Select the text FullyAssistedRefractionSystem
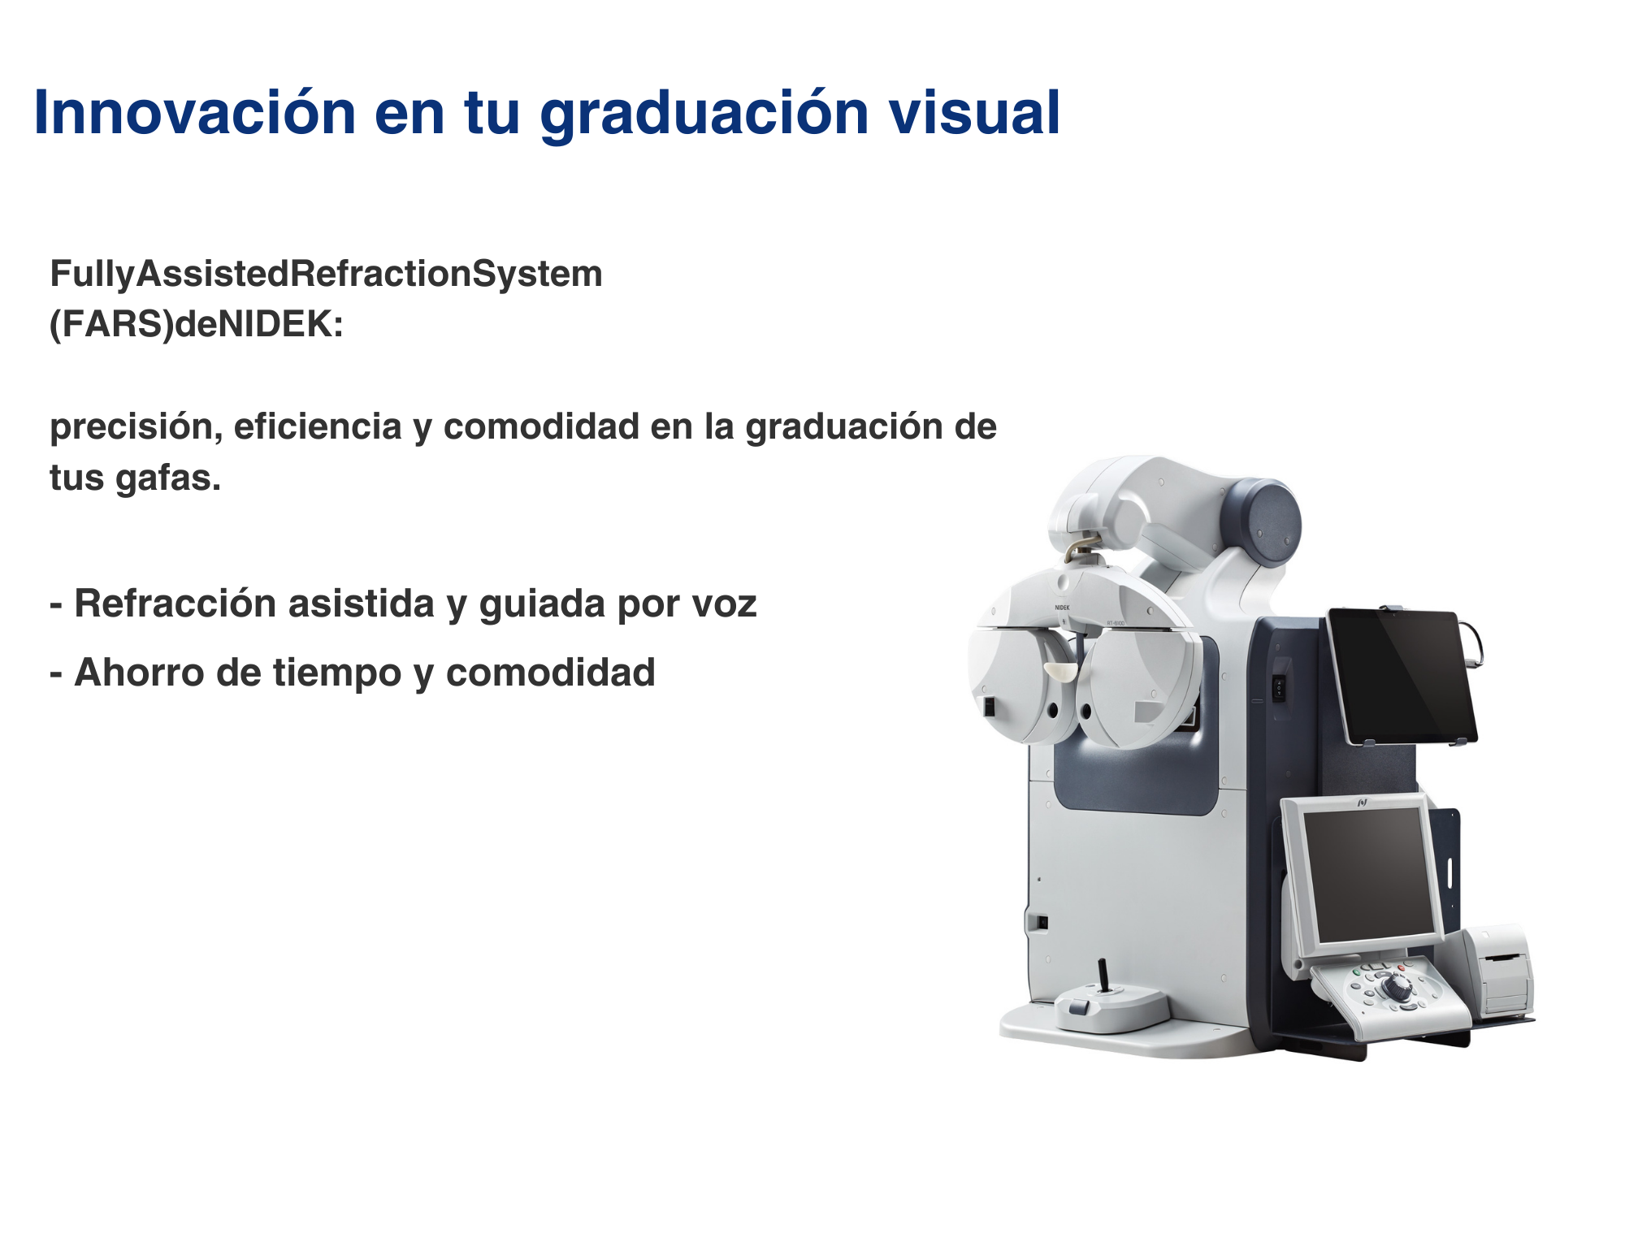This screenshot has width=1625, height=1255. (326, 275)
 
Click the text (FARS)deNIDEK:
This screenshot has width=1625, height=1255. (197, 325)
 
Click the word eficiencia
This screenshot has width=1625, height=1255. (318, 426)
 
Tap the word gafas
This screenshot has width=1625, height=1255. (168, 478)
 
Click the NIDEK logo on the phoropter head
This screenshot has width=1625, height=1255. (1062, 607)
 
